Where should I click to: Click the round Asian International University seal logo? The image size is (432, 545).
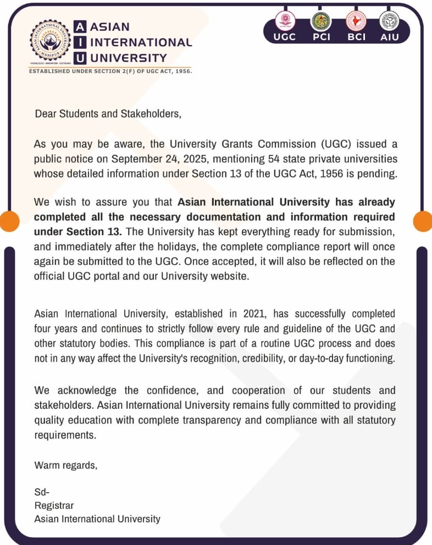tap(49, 43)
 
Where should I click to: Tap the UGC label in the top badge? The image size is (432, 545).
tap(284, 37)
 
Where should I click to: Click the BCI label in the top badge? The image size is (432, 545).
tap(356, 37)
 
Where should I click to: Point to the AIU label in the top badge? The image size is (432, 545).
tap(389, 37)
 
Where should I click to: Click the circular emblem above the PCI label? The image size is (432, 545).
tap(320, 21)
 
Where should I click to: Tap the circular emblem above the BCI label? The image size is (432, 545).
tap(356, 21)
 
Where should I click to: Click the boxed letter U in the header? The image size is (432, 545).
tap(80, 58)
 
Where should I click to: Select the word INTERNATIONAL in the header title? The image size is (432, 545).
tap(141, 42)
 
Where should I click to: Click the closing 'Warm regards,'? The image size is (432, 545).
tap(66, 465)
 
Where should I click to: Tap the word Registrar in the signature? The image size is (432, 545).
tap(54, 505)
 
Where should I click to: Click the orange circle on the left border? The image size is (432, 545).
tap(8, 221)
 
